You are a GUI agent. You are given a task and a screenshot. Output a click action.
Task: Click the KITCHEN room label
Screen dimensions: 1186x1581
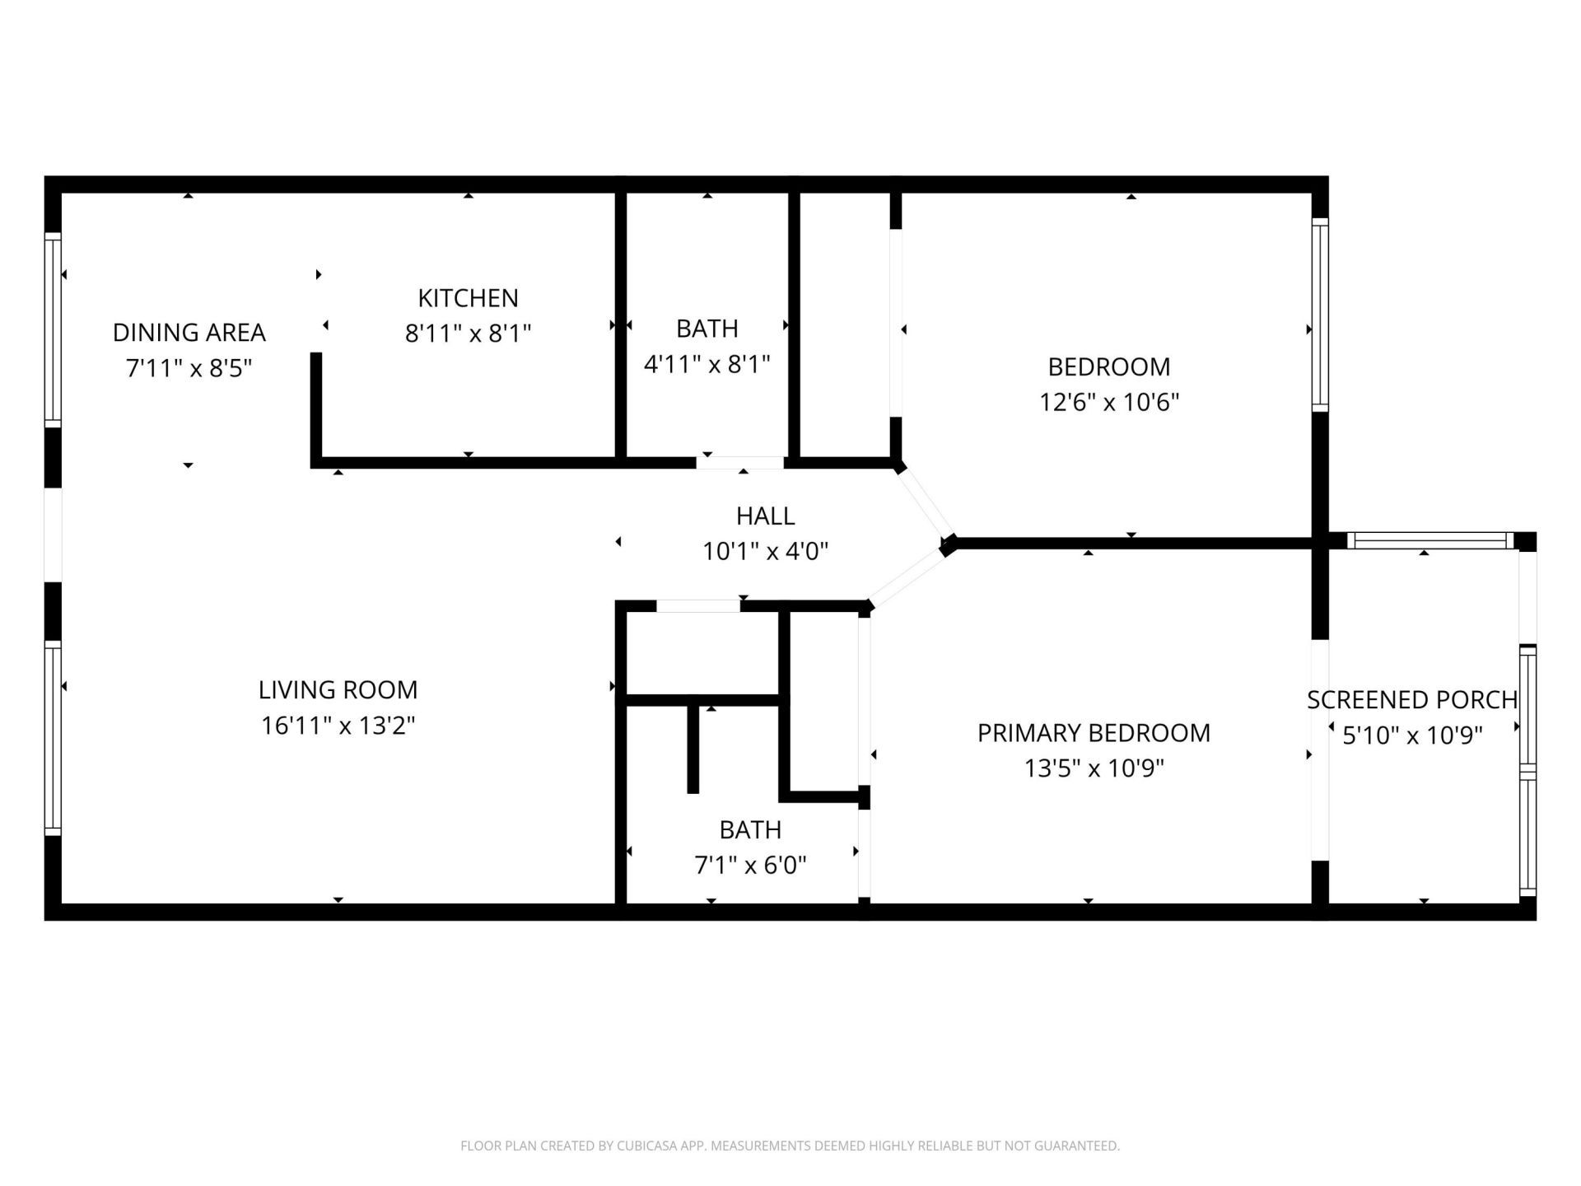click(468, 297)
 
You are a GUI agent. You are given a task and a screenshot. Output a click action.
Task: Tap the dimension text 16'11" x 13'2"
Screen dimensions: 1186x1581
click(338, 726)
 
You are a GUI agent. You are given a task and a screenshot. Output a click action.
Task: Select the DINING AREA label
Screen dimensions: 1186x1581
click(189, 332)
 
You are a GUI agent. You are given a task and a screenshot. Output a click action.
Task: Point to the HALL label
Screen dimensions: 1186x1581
click(765, 516)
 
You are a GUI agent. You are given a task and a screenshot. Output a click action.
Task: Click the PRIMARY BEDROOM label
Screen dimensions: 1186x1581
click(1094, 732)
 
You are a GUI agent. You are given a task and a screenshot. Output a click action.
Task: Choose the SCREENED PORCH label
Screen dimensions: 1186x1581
click(1411, 699)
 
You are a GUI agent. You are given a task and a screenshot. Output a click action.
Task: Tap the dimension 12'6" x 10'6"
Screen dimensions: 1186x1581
click(1109, 402)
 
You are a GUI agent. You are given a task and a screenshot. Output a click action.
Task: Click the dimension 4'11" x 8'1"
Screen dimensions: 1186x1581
click(707, 363)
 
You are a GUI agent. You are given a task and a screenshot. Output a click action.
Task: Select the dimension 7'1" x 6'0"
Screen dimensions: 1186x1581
click(750, 865)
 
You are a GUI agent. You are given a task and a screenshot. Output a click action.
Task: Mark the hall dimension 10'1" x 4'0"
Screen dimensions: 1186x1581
click(765, 551)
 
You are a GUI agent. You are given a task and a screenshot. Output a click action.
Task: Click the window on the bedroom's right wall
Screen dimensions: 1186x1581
click(1319, 315)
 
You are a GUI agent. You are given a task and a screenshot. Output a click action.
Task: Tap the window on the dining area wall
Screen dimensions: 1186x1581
click(52, 329)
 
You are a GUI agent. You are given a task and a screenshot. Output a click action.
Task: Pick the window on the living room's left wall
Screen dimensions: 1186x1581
click(52, 738)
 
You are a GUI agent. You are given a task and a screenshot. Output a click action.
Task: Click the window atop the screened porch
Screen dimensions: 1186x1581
click(1430, 541)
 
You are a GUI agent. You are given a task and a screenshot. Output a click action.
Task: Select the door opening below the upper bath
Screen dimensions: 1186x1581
click(739, 463)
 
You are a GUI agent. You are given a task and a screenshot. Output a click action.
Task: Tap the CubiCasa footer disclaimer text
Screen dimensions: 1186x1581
click(790, 1146)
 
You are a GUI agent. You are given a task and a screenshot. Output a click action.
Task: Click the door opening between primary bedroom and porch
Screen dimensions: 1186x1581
click(1319, 749)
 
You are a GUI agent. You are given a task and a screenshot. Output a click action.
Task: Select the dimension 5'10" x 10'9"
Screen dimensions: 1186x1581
click(1411, 735)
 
